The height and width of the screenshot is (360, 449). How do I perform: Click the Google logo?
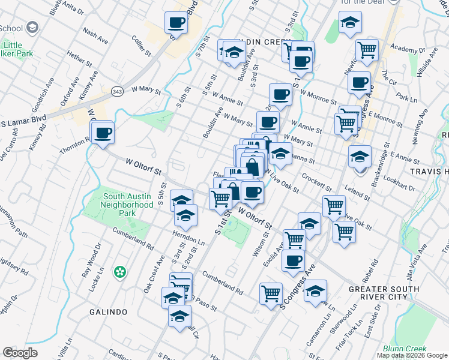(20, 353)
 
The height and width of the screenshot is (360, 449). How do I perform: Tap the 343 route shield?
(117, 92)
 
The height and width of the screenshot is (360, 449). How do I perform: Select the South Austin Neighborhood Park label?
(128, 204)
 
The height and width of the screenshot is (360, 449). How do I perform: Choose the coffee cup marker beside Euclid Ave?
(294, 261)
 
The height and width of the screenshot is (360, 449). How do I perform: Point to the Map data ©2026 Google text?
(412, 355)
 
